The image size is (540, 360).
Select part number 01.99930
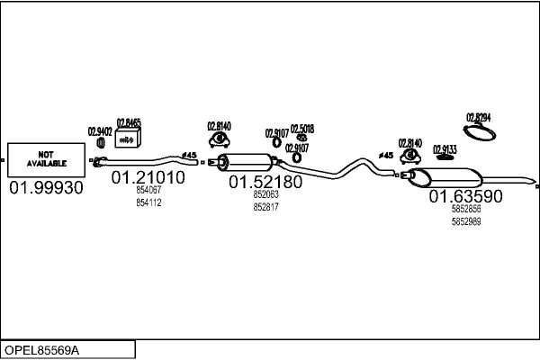[46, 187]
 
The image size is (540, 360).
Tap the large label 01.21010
[148, 178]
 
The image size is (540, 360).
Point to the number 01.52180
[265, 182]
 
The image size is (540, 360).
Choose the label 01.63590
[465, 195]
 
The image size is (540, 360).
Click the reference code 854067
[148, 191]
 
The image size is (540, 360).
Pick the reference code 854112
[148, 202]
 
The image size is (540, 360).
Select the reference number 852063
[265, 194]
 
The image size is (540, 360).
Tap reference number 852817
[265, 206]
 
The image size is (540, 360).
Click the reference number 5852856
[465, 209]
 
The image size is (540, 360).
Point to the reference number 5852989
[465, 220]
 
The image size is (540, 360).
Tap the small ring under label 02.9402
[99, 142]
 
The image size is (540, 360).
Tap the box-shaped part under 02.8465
[130, 136]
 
